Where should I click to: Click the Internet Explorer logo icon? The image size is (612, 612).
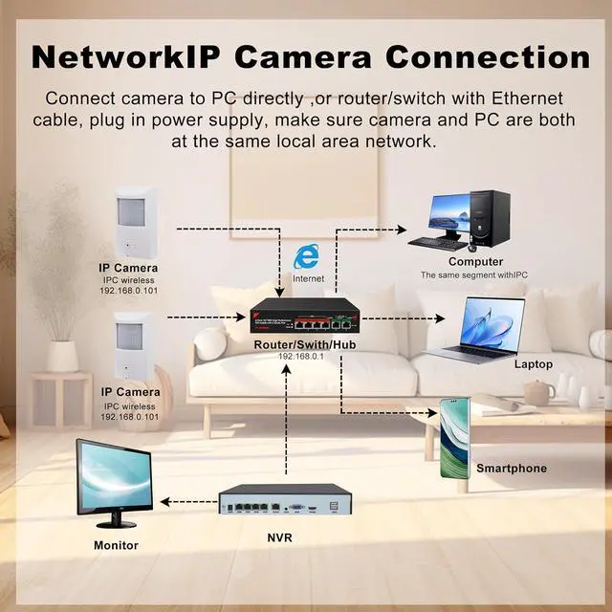(306, 255)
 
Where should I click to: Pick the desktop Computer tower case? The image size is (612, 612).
(494, 218)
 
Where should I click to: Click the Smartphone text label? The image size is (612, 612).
(512, 469)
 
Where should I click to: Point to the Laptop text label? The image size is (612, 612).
(534, 364)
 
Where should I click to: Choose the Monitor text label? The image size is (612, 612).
(116, 545)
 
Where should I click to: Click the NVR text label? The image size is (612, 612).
(279, 538)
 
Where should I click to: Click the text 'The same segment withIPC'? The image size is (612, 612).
(475, 275)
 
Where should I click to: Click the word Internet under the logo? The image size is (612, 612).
(308, 278)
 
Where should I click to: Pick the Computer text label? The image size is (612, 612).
(475, 262)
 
